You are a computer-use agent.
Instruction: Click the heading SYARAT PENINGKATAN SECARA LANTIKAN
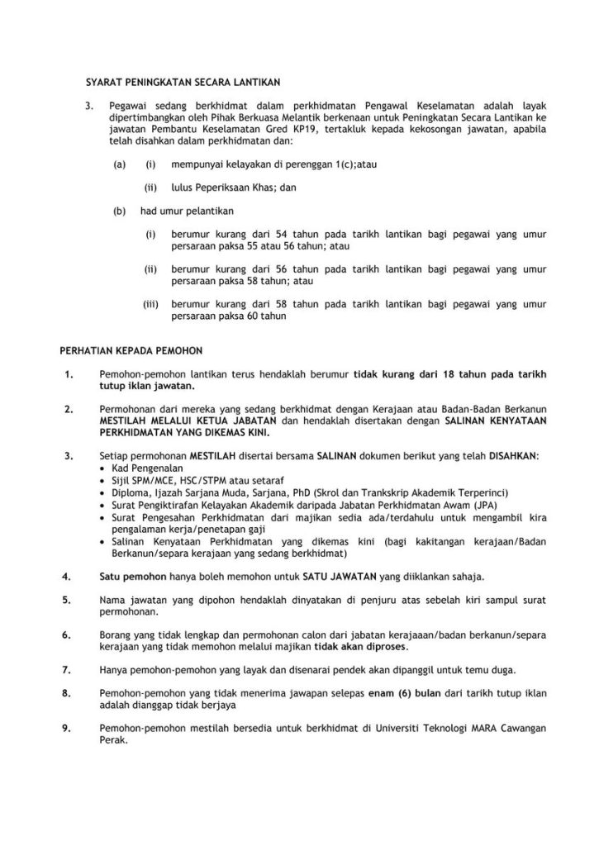(184, 82)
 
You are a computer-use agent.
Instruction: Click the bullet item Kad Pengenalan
(139, 468)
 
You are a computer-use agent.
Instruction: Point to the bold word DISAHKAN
(515, 455)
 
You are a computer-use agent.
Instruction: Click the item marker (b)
(120, 211)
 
